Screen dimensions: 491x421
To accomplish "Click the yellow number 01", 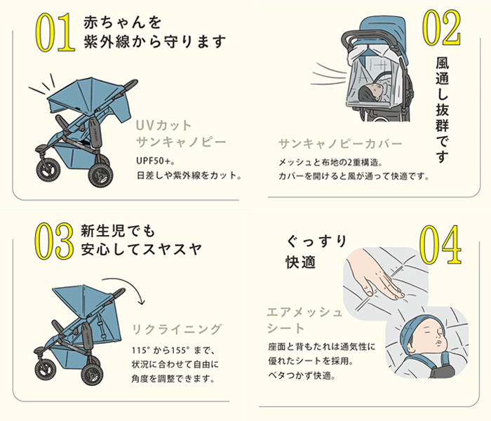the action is pos(55,32).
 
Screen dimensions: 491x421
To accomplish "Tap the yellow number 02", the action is pos(442,27).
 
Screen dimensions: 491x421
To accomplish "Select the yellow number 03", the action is pos(54,241).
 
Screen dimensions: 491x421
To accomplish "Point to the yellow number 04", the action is pos(440,244).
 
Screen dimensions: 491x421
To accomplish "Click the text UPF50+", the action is pos(155,161).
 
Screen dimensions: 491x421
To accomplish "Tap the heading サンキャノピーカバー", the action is pos(340,143).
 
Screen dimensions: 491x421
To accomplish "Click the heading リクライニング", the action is pos(177,330).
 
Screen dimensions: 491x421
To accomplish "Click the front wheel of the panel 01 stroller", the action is pos(48,171).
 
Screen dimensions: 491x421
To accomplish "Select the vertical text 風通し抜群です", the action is pos(442,110).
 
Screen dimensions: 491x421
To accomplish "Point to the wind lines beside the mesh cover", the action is pos(329,74).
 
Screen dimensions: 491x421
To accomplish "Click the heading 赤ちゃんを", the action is pos(123,22).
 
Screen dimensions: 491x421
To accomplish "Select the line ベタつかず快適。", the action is pos(302,375).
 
